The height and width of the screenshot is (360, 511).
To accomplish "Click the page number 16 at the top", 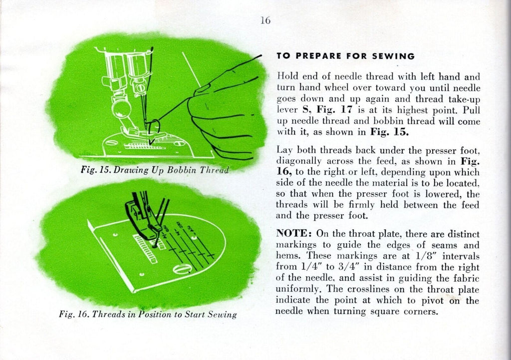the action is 265,20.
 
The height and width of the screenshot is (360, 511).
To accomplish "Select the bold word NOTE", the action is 291,234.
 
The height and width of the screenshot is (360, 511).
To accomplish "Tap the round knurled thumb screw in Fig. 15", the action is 121,108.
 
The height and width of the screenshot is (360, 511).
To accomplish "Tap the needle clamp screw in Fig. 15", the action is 140,87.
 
